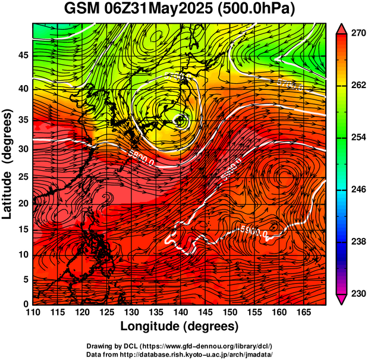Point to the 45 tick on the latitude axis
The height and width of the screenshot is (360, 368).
tap(24, 56)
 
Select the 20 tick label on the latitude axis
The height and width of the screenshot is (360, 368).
tap(24, 204)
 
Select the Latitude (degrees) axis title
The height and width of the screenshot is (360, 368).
tap(8, 164)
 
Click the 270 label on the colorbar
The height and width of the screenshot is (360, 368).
tap(358, 34)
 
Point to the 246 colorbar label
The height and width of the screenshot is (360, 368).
tap(358, 190)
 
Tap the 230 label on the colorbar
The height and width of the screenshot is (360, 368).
tap(358, 294)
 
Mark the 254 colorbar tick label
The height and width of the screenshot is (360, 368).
tap(358, 137)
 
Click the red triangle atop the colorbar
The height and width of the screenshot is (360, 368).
tap(342, 28)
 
